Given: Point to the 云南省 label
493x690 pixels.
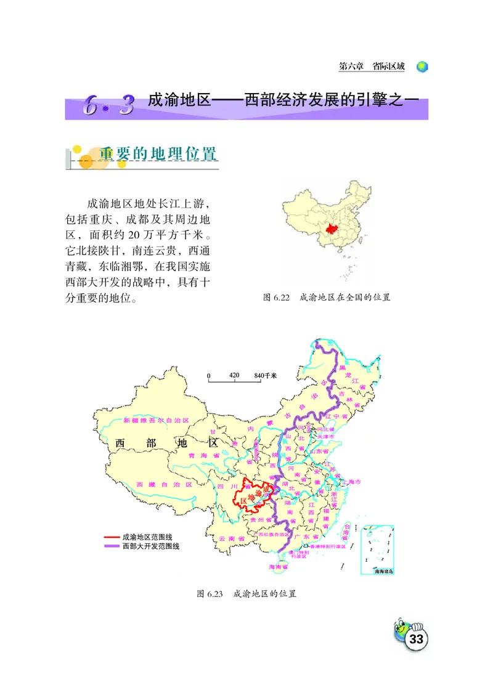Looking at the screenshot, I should click(x=231, y=538).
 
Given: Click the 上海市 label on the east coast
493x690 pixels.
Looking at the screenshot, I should click(x=358, y=481).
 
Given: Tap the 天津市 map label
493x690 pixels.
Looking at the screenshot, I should click(x=324, y=437).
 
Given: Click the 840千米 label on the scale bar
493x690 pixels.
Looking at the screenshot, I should click(x=266, y=375).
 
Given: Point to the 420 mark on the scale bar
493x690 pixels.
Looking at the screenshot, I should click(x=234, y=375).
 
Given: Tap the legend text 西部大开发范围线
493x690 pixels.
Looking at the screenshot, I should click(x=151, y=546).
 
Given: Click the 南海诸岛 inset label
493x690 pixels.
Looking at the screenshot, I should click(x=383, y=571).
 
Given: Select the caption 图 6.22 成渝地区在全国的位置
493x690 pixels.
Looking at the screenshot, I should click(x=327, y=297).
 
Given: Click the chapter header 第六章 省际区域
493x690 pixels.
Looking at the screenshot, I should click(x=372, y=67).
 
